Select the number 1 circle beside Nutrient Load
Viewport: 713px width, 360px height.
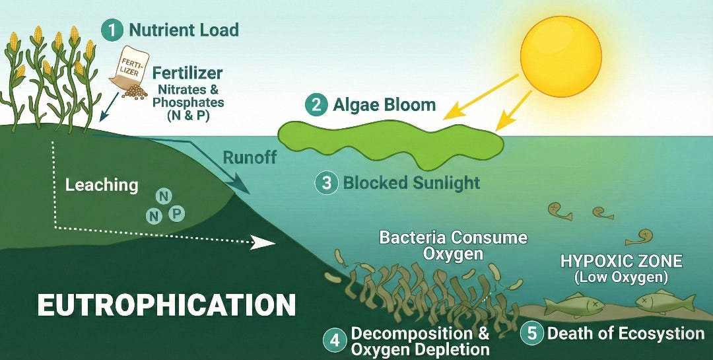pos(112,30)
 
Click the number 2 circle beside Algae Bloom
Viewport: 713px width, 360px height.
pos(316,104)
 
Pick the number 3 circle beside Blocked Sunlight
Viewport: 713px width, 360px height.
pos(326,182)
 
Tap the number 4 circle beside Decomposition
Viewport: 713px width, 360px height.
pos(335,340)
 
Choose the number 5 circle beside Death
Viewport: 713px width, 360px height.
pos(532,333)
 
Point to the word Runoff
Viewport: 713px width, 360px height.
pos(249,158)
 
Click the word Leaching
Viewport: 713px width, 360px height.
pos(102,185)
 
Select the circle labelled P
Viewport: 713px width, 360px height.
pos(176,213)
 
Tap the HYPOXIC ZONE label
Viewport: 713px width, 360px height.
pos(621,260)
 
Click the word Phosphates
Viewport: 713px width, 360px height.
pos(188,102)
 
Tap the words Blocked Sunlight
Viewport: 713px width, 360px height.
pos(411,182)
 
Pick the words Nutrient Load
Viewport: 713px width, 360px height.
pos(184,30)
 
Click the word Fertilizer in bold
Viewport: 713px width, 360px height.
pos(187,73)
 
